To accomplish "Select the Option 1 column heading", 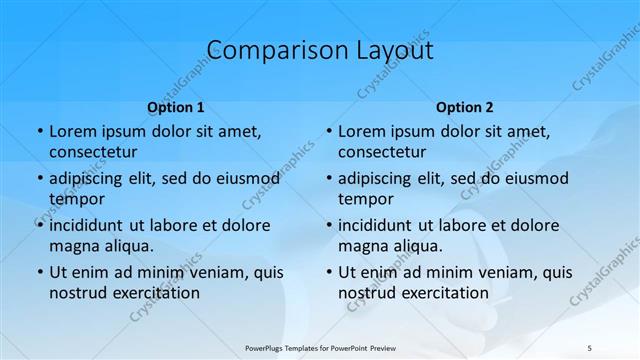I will tap(176, 107).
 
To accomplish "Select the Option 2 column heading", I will tap(465, 107).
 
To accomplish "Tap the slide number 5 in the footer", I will tap(590, 346).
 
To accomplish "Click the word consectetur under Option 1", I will tap(93, 152).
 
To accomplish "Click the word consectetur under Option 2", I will tap(382, 152).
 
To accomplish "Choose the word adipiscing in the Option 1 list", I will tap(90, 179).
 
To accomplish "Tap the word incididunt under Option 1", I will tap(93, 225).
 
